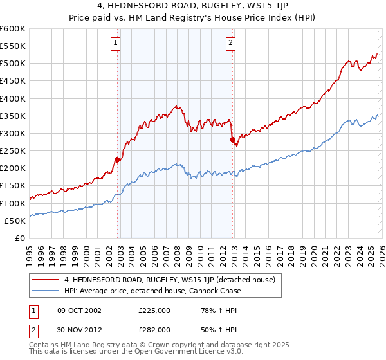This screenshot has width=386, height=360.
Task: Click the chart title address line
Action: coord(193,6)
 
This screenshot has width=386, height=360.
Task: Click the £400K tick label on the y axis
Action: coord(13,98)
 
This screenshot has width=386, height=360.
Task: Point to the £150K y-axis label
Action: coord(13,185)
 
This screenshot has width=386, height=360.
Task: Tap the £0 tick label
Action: coord(19,238)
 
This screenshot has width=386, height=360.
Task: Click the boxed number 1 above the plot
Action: coord(115,43)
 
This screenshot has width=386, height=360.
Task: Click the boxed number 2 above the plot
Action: coord(230,43)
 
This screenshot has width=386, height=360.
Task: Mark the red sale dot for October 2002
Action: coord(117,159)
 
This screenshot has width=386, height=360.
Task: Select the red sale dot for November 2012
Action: coord(232,139)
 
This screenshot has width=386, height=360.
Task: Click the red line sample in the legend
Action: coord(45,280)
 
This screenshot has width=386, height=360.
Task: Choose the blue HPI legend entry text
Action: coord(152,291)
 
